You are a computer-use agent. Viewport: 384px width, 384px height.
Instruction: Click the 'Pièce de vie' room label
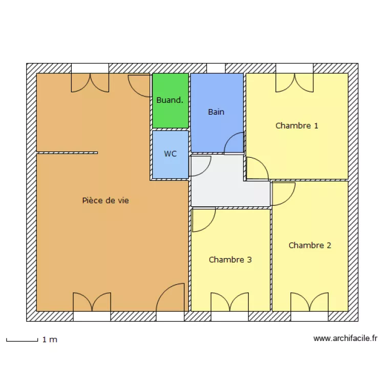point(105,201)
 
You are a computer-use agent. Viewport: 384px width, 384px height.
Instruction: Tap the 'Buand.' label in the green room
point(169,100)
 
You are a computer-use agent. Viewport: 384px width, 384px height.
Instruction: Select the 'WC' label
point(170,154)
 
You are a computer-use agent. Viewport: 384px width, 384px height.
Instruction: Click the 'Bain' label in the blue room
point(216,112)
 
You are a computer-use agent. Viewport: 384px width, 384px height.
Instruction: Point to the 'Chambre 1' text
point(297,125)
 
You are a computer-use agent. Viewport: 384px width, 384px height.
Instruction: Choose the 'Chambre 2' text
point(310,245)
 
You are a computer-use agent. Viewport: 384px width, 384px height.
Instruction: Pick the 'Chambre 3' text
point(230,260)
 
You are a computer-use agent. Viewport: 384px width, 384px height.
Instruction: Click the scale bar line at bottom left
point(22,340)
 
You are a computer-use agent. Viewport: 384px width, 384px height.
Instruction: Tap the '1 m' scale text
point(50,339)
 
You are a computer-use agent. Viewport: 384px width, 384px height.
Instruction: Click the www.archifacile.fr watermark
point(345,338)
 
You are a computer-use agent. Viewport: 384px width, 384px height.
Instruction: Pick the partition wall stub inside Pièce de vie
point(67,153)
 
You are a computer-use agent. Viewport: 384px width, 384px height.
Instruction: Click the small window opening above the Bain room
point(216,68)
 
